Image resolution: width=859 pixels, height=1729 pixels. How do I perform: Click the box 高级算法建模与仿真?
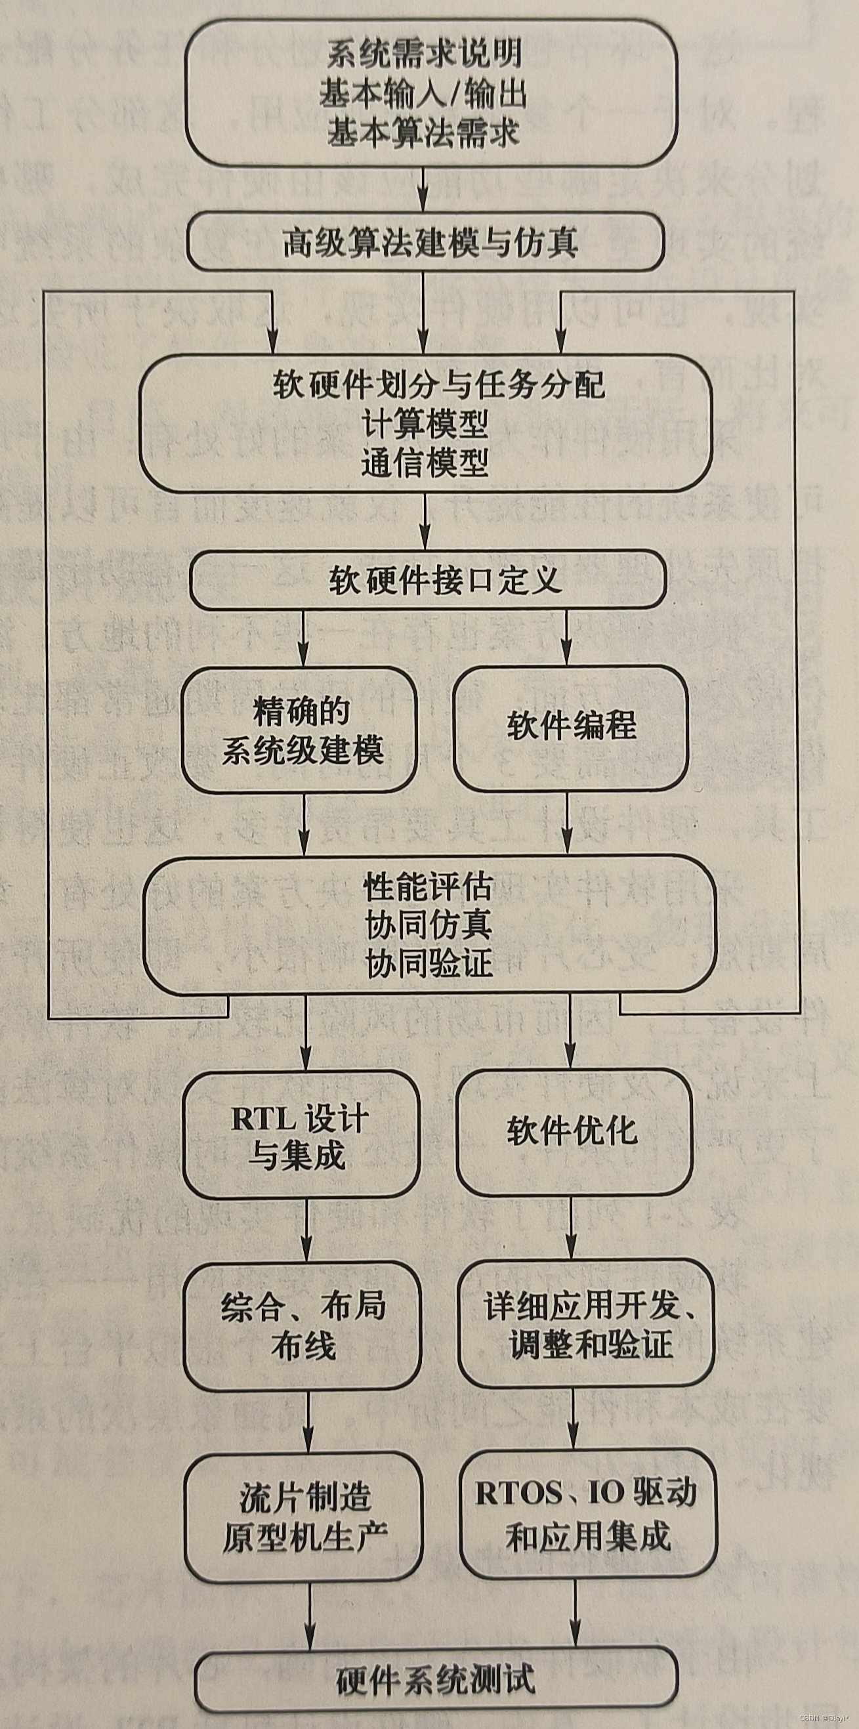425,242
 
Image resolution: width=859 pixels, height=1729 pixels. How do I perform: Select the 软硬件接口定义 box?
428,581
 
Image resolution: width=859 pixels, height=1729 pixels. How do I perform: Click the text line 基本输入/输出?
423,93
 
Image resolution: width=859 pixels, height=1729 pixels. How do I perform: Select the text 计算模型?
425,423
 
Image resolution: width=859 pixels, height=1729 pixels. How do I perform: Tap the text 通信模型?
425,463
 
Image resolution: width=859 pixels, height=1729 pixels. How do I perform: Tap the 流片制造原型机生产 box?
304,1517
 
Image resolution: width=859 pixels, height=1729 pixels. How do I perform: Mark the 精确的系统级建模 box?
299,730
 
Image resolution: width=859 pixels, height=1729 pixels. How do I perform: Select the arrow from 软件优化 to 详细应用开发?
572,1228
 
